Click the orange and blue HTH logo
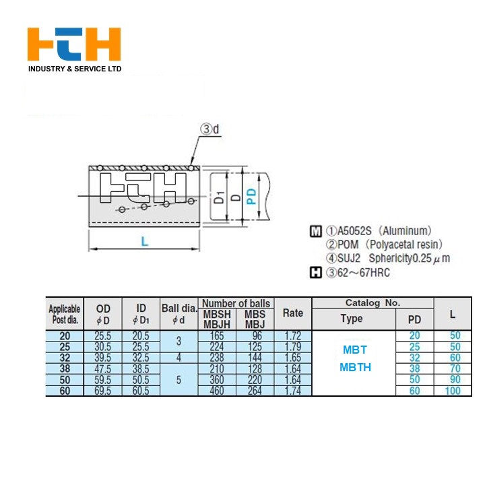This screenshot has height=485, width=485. tap(74, 44)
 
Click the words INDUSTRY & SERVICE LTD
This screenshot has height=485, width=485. tap(75, 69)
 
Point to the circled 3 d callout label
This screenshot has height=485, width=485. tap(209, 129)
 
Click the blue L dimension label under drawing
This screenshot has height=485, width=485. tap(144, 241)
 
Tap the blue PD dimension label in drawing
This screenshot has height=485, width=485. tap(252, 197)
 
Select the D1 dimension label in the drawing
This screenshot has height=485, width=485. tap(220, 197)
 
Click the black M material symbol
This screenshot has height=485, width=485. tap(315, 231)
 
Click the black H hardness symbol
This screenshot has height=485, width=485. tap(315, 273)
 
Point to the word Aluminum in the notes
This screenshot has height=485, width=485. tap(406, 231)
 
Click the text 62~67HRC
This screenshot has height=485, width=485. tap(364, 273)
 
